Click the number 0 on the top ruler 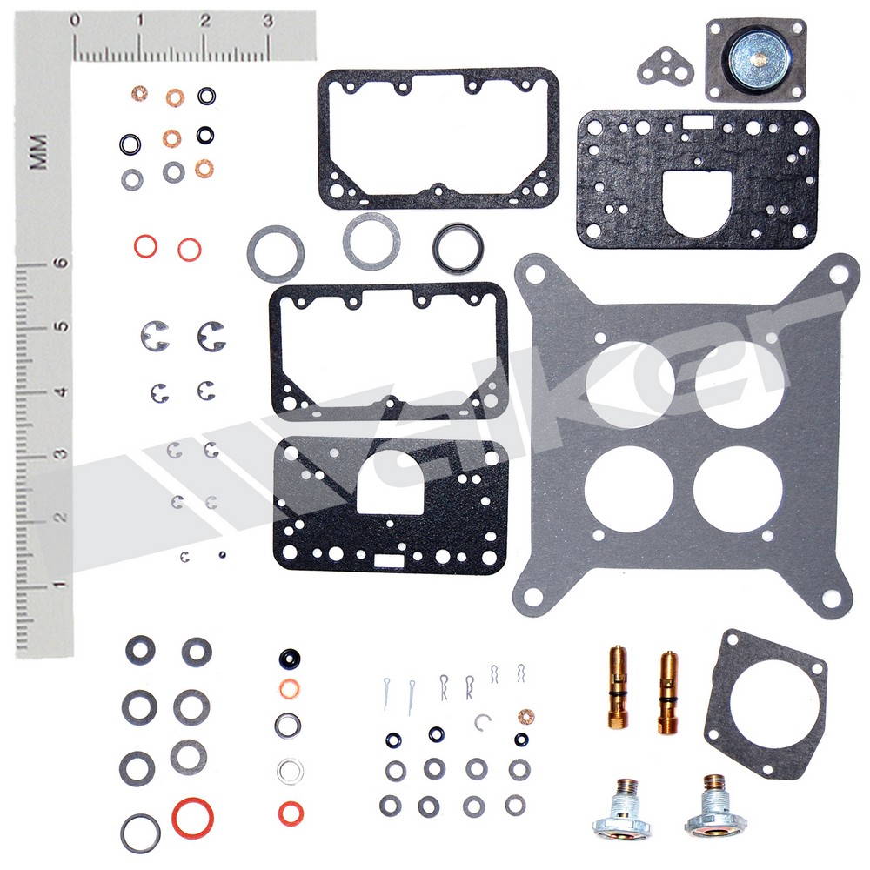(74, 21)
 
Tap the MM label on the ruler (39, 151)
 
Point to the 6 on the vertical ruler (62, 262)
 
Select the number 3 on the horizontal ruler (269, 21)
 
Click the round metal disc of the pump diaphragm (756, 57)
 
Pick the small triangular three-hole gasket (665, 67)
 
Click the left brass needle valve (618, 687)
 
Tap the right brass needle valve (668, 693)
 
